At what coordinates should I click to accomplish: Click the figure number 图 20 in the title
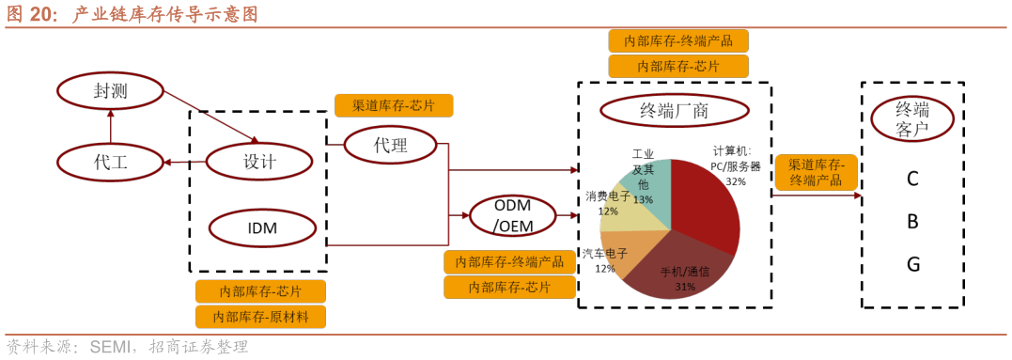click(x=32, y=14)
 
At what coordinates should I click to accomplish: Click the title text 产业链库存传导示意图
click(x=165, y=14)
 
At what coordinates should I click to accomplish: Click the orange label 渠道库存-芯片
click(x=394, y=105)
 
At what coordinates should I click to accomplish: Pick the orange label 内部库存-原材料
click(x=260, y=317)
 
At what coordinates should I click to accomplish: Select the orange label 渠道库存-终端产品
click(x=816, y=172)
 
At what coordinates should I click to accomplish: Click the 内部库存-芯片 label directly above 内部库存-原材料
click(x=260, y=291)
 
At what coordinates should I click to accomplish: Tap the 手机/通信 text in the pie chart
click(x=685, y=272)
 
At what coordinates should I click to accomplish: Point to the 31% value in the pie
click(x=685, y=287)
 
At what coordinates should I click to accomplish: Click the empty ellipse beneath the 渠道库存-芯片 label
click(x=390, y=145)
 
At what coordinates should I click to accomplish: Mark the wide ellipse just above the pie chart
click(x=674, y=110)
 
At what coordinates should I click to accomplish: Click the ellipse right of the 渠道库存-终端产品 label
click(x=911, y=118)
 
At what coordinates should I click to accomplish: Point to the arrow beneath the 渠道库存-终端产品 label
click(x=816, y=196)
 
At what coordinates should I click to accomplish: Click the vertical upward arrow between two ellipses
click(x=111, y=126)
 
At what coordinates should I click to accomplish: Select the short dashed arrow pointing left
click(x=184, y=162)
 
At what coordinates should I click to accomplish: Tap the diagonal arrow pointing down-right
click(x=211, y=117)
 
